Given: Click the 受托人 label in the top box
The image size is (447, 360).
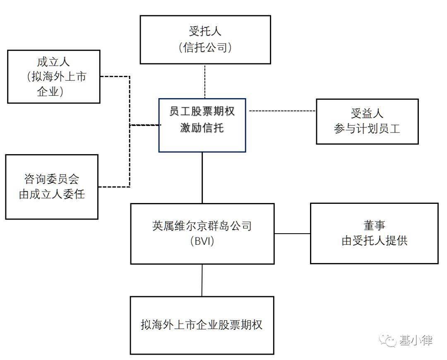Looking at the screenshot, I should click(x=205, y=31).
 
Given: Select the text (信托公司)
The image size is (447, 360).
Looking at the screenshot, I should click(x=205, y=48).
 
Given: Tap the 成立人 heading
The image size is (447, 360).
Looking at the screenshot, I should click(x=53, y=62).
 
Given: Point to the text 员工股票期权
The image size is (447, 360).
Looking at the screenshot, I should click(x=202, y=111).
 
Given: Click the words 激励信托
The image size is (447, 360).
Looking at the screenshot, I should click(x=202, y=128).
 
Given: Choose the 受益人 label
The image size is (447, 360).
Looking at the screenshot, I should click(x=367, y=113).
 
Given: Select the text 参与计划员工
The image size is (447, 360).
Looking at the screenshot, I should click(x=367, y=129).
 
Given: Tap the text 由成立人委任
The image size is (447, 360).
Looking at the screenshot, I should click(x=51, y=194).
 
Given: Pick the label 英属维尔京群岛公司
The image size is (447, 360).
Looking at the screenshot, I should click(x=202, y=226).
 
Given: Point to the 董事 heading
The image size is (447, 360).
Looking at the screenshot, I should click(x=374, y=225).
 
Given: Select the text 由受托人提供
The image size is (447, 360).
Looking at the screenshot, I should click(x=374, y=241).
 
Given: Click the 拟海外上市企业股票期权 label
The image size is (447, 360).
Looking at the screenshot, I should click(x=202, y=324).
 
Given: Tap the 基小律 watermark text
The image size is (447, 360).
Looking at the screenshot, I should click(x=416, y=341).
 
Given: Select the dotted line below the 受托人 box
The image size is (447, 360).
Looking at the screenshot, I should click(x=205, y=81).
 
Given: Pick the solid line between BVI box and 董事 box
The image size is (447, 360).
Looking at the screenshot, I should click(x=292, y=234).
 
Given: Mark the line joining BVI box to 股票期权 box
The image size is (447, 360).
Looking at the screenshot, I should click(x=202, y=280).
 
